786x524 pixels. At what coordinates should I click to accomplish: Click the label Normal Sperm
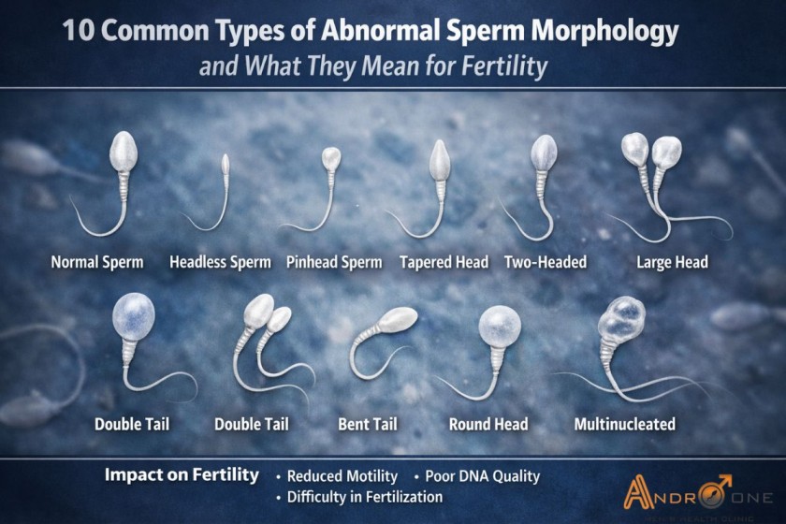point(97,263)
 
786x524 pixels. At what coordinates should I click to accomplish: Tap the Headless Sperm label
point(220,263)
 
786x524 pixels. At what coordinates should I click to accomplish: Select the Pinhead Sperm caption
point(334,263)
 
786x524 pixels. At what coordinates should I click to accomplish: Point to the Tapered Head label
point(444,263)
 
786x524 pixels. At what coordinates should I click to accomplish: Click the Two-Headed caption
point(546,263)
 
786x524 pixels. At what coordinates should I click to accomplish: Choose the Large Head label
point(672,263)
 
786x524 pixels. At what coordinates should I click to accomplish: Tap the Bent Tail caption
point(367,424)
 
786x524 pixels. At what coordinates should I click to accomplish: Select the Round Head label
point(488,424)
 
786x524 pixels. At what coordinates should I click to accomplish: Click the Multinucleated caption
point(624,424)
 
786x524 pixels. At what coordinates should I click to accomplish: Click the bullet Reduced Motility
point(342,476)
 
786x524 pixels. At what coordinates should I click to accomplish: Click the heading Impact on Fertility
point(182,475)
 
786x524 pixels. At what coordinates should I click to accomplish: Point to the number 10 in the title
point(78,33)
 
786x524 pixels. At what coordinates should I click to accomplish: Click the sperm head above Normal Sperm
point(124,151)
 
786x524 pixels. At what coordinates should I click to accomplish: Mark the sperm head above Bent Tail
point(398,320)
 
